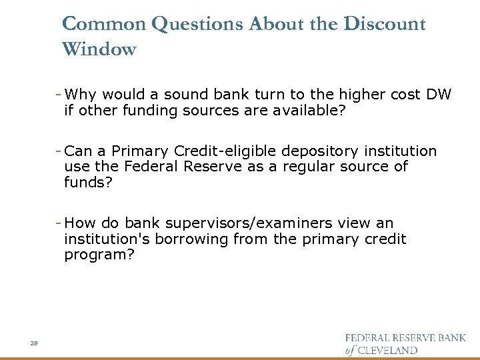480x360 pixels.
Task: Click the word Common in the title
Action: pos(104,24)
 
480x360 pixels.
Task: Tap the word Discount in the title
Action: pos(385,24)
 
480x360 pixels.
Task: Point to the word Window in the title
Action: pos(99,49)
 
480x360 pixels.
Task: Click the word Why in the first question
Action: pos(81,95)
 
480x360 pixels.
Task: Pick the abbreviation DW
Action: pos(438,95)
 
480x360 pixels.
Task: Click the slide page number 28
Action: pos(33,343)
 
